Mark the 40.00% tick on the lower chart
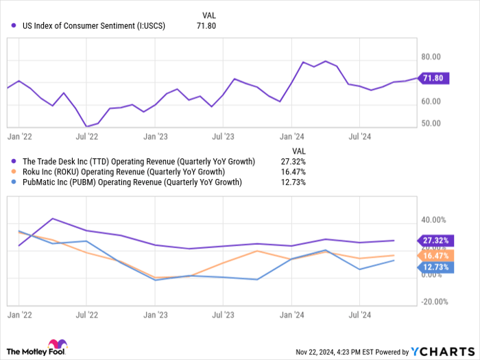(434, 220)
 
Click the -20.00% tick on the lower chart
(434, 302)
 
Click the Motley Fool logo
(38, 348)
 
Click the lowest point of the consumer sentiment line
(86, 126)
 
